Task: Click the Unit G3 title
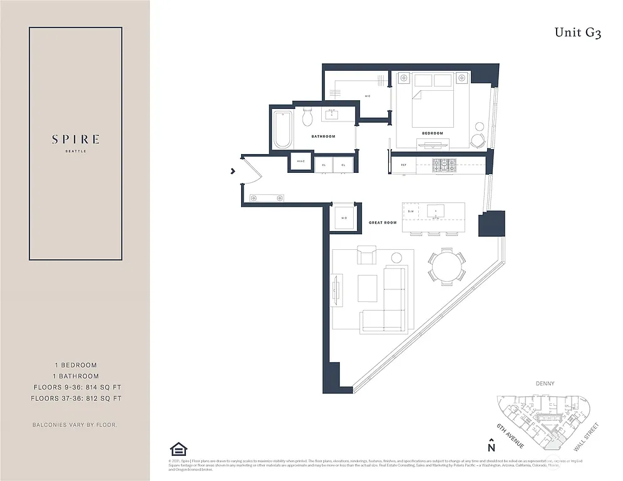point(577,33)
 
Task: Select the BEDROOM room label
point(432,133)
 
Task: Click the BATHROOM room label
point(323,137)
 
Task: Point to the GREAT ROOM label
point(383,223)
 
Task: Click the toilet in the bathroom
point(307,116)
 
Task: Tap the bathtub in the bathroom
point(283,130)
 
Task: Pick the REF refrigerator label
point(404,165)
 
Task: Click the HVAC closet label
point(300,164)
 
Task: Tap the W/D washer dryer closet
point(344,217)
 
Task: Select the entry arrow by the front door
point(233,170)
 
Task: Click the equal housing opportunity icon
point(178,449)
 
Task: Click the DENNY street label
point(546,383)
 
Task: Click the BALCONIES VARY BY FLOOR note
point(75,425)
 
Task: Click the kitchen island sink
point(436,212)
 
